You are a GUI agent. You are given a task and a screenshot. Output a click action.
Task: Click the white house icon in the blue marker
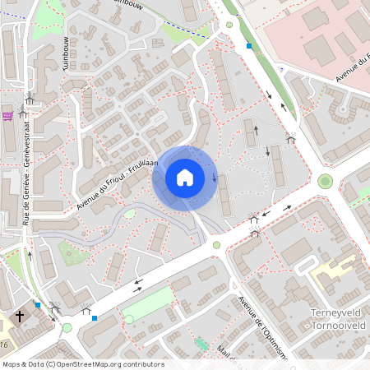point(185,178)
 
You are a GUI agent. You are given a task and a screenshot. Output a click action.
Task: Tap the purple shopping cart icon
point(7,115)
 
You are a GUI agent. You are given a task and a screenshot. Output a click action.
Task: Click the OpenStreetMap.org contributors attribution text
point(107,364)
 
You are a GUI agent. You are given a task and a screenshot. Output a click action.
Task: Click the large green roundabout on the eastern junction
point(326,181)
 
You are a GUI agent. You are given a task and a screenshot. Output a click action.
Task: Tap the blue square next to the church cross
point(38,305)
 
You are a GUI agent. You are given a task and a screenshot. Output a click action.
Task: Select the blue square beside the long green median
point(249,47)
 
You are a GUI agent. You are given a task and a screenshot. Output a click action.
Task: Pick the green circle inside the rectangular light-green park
point(128,319)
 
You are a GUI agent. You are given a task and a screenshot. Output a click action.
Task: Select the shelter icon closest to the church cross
point(55,308)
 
